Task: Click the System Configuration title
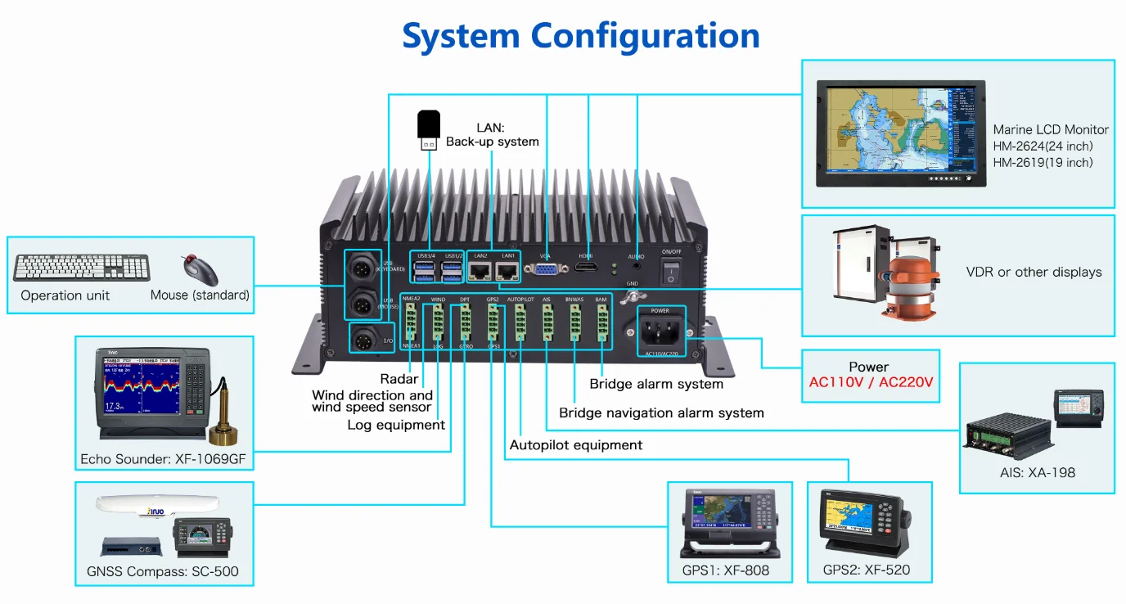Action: coord(580,36)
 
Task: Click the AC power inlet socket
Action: coord(659,334)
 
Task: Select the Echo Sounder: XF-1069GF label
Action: coord(163,459)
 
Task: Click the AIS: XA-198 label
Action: coord(1037,472)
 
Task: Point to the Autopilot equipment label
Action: coord(575,445)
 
